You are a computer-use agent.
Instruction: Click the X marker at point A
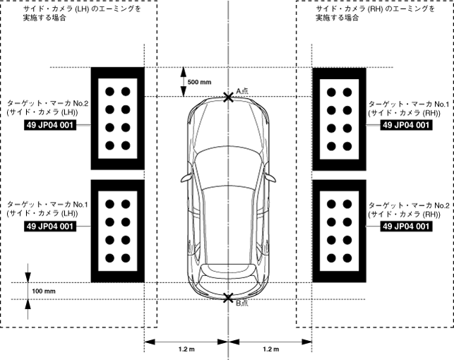pyautogui.click(x=227, y=97)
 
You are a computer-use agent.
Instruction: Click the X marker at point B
pyautogui.click(x=227, y=299)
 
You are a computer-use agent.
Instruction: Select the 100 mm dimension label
pyautogui.click(x=44, y=291)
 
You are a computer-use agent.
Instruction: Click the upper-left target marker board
pyautogui.click(x=118, y=119)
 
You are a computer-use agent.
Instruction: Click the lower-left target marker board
pyautogui.click(x=118, y=230)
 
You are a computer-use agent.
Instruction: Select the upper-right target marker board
pyautogui.click(x=338, y=119)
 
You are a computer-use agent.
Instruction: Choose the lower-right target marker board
pyautogui.click(x=338, y=230)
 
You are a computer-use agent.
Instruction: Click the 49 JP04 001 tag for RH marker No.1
pyautogui.click(x=405, y=125)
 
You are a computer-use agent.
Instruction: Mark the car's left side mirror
pyautogui.click(x=186, y=177)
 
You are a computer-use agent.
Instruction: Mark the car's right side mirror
pyautogui.click(x=269, y=177)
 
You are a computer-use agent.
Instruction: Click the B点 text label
pyautogui.click(x=241, y=304)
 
